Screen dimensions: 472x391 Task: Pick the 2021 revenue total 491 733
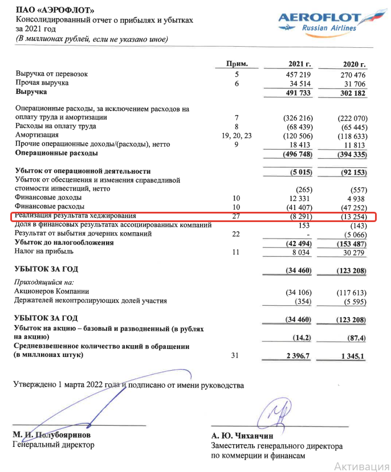[x=295, y=92]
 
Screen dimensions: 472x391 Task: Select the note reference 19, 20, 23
[x=236, y=135]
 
